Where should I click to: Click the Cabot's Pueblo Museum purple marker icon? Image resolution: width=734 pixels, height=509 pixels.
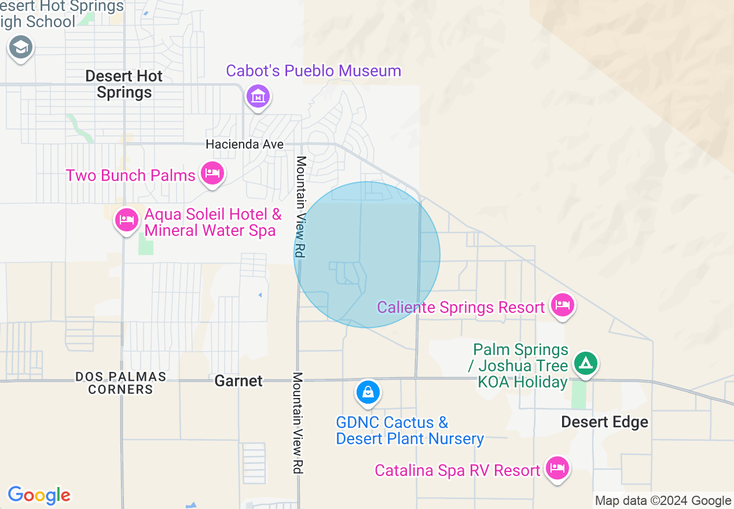coord(258,95)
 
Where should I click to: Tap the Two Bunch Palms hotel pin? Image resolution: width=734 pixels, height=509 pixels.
coord(212,173)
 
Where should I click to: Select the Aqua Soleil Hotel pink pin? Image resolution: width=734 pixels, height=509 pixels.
coord(126,220)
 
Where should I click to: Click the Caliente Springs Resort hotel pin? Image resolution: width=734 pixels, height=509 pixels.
coord(561,304)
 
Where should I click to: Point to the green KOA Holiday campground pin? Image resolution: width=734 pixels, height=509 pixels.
coord(586,364)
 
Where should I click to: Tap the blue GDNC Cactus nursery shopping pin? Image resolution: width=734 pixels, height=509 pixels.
coord(368,392)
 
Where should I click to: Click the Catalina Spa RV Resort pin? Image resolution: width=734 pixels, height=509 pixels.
coord(557,467)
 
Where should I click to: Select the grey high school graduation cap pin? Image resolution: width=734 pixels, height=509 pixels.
coord(21,47)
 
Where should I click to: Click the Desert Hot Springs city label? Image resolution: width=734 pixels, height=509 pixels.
coord(124,84)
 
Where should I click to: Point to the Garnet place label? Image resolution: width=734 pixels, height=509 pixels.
coord(238,381)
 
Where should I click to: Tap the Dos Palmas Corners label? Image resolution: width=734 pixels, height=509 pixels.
coord(120,383)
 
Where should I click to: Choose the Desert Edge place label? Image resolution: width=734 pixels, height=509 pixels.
coord(604,422)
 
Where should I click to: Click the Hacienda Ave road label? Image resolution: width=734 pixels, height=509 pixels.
coord(245,144)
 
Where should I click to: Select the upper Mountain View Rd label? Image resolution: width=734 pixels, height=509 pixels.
coord(300,206)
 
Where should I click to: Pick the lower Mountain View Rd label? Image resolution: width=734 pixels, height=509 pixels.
coord(298,423)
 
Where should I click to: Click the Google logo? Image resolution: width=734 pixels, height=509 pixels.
coord(39,495)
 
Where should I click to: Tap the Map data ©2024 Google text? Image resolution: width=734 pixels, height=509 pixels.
coord(663,501)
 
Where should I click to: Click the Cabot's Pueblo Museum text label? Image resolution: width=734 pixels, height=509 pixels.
coord(313,71)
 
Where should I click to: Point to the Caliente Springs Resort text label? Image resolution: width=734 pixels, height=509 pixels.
coord(461,307)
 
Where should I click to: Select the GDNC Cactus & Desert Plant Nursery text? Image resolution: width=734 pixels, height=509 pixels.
coord(409,430)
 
